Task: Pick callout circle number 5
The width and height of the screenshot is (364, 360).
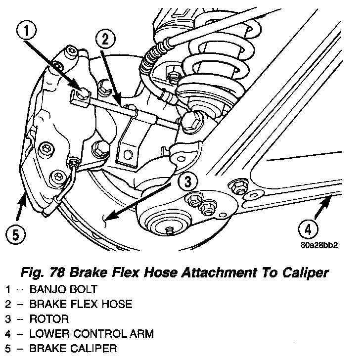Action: tap(15, 234)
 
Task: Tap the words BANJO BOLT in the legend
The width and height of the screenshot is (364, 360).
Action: tap(63, 289)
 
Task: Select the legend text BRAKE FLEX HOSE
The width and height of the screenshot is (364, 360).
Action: tap(80, 304)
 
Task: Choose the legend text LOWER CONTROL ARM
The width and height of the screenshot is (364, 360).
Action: tap(91, 334)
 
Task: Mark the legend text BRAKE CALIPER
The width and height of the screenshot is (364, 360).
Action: tap(73, 349)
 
